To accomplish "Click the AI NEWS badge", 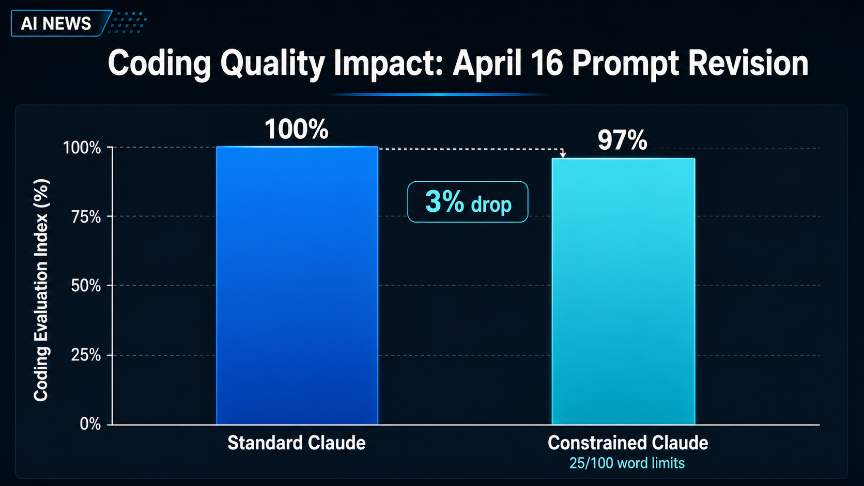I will click(x=56, y=24).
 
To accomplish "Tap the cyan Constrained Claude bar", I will click(x=623, y=291).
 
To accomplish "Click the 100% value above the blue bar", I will click(x=296, y=129).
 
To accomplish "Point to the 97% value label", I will click(x=622, y=140).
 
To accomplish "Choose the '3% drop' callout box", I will click(x=468, y=202).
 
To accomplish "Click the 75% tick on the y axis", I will click(x=86, y=217).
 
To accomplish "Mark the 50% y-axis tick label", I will click(x=86, y=286).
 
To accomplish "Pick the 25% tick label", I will click(x=86, y=355).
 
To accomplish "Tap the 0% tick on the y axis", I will click(x=90, y=425).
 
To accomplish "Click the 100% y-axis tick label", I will click(x=82, y=148).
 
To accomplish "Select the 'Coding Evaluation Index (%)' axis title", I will click(x=41, y=290).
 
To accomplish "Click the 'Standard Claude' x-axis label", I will click(x=296, y=443).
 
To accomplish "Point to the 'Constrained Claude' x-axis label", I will click(x=627, y=443).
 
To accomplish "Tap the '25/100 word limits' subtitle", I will click(x=627, y=463).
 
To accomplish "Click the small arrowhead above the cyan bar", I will click(x=563, y=154).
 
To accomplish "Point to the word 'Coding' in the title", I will click(x=159, y=65).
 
